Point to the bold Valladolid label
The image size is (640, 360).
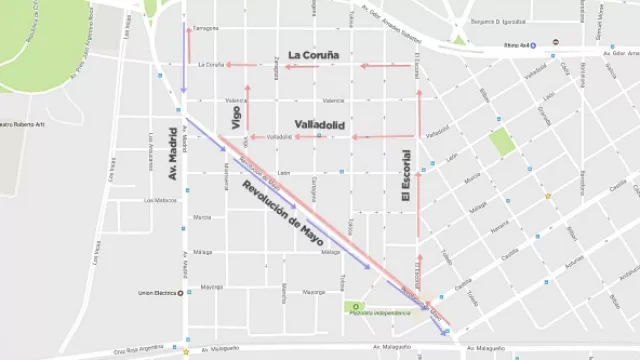click(x=321, y=124)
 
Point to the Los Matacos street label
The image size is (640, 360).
click(x=162, y=200)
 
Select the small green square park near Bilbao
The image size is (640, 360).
click(x=502, y=141)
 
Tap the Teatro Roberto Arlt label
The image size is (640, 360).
click(x=30, y=124)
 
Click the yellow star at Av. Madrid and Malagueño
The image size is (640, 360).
click(x=186, y=351)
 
